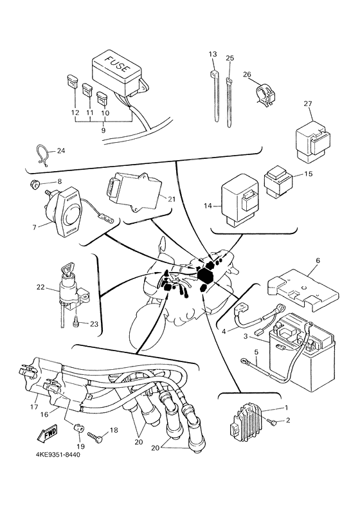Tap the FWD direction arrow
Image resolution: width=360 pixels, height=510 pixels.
[47, 433]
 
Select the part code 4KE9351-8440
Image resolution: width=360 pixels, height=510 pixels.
[58, 455]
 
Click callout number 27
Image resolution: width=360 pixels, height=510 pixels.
[308, 104]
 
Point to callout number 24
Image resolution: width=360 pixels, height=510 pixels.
[61, 150]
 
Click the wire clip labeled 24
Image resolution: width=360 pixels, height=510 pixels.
[42, 156]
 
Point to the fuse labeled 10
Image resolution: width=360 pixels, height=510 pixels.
[102, 98]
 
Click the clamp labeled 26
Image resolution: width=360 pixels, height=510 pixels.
[264, 94]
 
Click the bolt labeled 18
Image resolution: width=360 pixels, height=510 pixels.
[94, 436]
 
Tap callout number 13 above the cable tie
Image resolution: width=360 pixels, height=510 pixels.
[213, 54]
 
